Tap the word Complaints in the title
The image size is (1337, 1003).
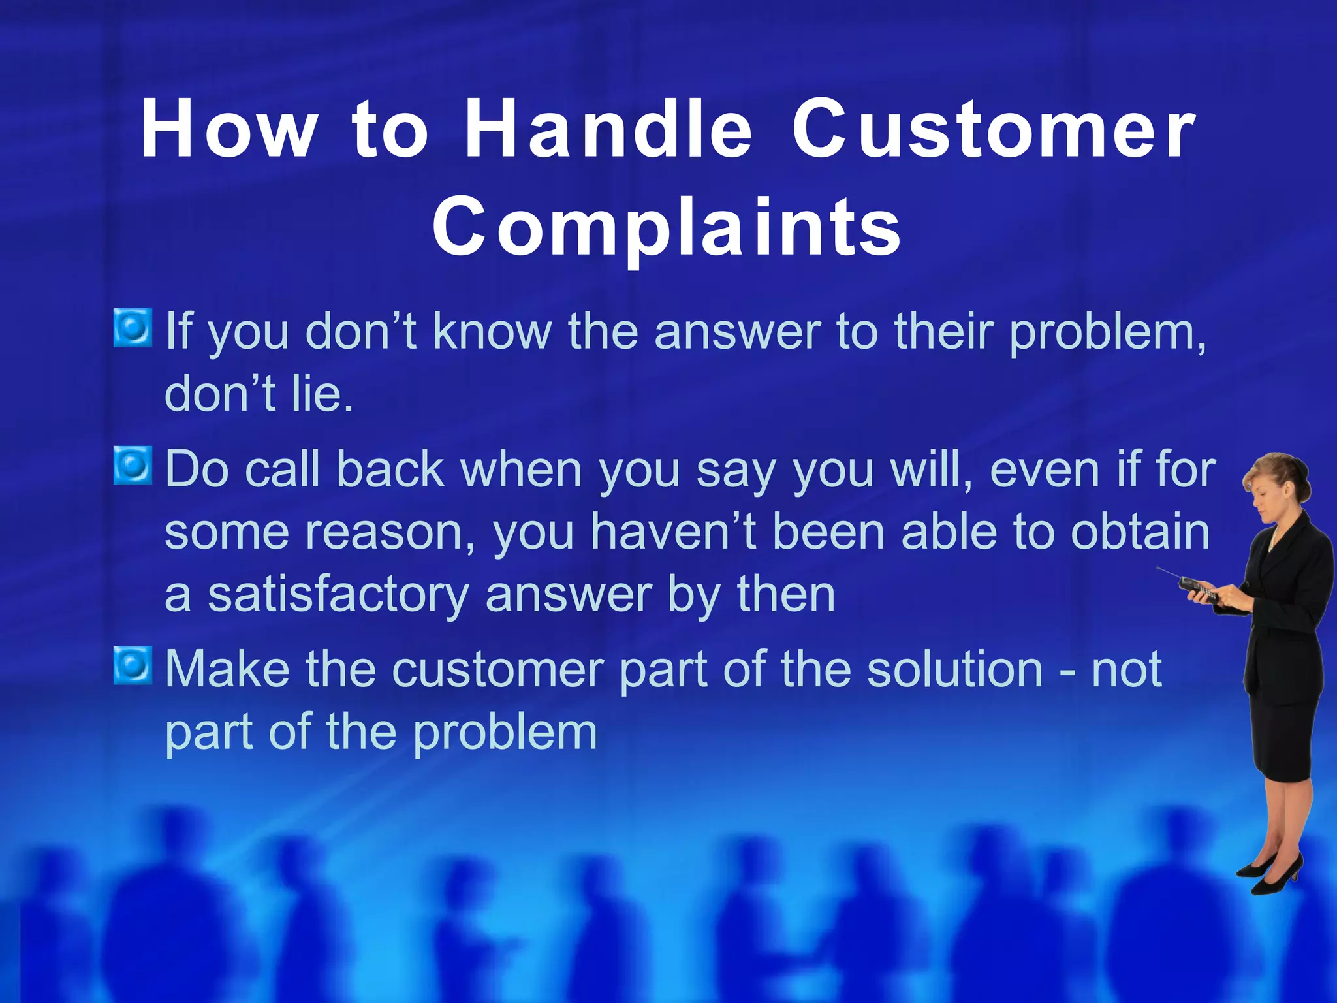click(x=667, y=227)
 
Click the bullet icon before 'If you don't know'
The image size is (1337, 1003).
click(x=133, y=328)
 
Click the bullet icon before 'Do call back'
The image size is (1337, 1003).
click(x=133, y=466)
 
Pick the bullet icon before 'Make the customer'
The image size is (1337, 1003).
click(x=133, y=665)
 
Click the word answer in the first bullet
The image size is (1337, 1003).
click(x=737, y=332)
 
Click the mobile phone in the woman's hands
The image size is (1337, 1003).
click(x=1200, y=590)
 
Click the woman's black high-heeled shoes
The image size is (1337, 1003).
click(x=1270, y=875)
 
